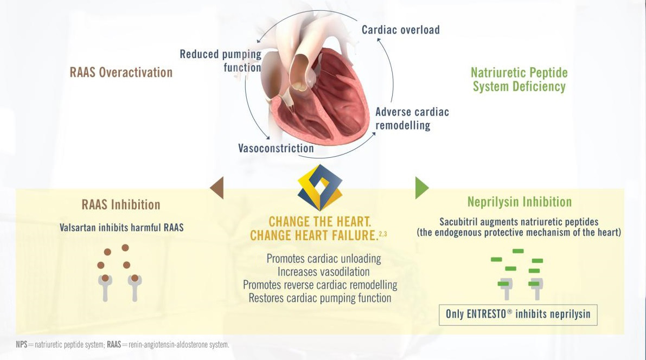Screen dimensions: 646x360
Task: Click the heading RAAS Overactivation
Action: coord(121,73)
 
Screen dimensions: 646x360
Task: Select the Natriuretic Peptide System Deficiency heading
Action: coord(519,80)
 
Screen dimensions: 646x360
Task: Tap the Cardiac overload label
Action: coord(401,30)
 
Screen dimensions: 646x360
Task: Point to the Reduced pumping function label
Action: coord(220,61)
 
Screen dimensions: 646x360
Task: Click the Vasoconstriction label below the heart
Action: coord(276,149)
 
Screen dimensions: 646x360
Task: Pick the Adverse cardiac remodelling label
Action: coord(412,118)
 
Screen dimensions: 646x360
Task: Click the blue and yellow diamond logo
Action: coord(319,188)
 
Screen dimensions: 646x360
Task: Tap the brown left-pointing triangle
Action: coord(217,188)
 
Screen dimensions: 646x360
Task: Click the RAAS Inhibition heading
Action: coord(121,205)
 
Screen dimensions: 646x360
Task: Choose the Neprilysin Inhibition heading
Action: coord(520,202)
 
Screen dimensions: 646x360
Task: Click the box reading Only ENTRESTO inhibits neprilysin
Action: coord(518,314)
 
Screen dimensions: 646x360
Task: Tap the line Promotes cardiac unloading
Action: coord(324,259)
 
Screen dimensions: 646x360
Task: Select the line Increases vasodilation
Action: coord(323,272)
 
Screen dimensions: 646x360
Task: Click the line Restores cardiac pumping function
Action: coord(319,298)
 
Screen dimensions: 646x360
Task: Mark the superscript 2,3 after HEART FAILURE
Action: coord(383,234)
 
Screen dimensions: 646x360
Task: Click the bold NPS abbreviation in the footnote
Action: coord(21,345)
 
